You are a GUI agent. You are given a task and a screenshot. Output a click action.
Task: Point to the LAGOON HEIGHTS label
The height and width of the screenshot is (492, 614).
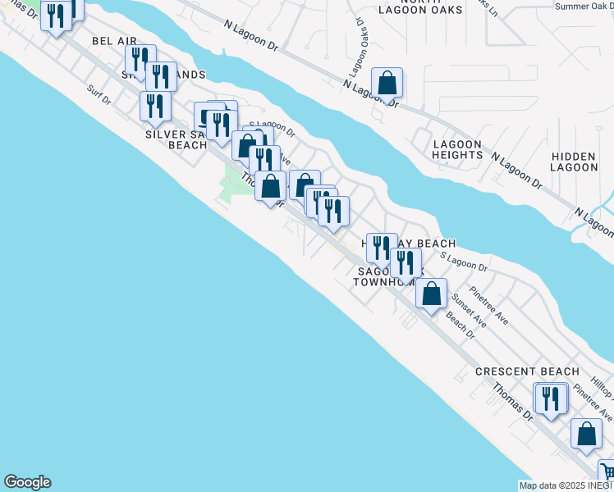pyautogui.click(x=457, y=149)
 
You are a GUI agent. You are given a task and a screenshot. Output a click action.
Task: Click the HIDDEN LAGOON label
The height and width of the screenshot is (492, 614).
pyautogui.click(x=575, y=162)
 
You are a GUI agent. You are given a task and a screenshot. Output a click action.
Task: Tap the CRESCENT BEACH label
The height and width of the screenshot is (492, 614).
pyautogui.click(x=521, y=371)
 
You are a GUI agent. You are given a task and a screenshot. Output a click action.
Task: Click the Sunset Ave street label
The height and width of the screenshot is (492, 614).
pyautogui.click(x=470, y=312)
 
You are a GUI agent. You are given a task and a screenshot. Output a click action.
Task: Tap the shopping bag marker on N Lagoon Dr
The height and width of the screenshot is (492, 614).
pyautogui.click(x=387, y=83)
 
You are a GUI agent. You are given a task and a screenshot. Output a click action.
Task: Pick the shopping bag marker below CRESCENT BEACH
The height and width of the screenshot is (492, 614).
pyautogui.click(x=587, y=435)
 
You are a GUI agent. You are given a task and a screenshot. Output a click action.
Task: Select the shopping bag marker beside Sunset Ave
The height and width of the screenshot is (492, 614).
pyautogui.click(x=431, y=294)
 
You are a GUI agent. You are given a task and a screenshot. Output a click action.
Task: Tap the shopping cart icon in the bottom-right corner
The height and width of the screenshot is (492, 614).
pyautogui.click(x=607, y=471)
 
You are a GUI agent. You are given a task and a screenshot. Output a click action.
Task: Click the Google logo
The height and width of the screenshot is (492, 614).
pyautogui.click(x=27, y=482)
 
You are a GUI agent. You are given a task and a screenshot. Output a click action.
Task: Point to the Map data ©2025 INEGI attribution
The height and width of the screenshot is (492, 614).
pyautogui.click(x=566, y=485)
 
